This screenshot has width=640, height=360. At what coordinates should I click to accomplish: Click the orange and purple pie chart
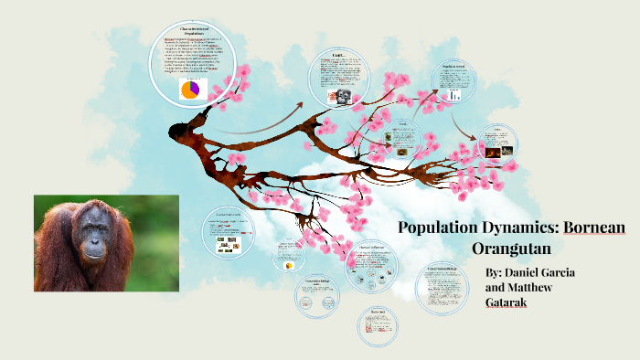190,90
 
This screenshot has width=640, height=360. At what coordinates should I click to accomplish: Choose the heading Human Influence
370,246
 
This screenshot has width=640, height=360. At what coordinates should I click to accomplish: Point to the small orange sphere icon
290,266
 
